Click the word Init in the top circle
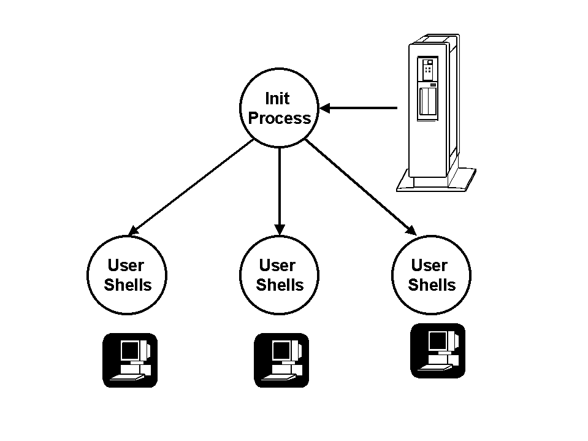tap(277, 98)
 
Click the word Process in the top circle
tap(279, 118)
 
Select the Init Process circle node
tap(279, 108)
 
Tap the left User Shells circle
tap(127, 275)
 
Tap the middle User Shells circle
tap(279, 275)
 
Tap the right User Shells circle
tap(431, 275)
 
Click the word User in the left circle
tap(126, 266)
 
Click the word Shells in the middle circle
tap(280, 285)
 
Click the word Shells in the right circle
tap(432, 285)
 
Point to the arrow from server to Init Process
tap(362, 108)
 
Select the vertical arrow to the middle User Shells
tap(279, 190)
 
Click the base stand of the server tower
tap(436, 180)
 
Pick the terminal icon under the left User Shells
tap(130, 360)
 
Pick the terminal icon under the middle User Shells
tap(281, 360)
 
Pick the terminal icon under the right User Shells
tap(437, 351)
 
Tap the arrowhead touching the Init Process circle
tap(326, 108)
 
